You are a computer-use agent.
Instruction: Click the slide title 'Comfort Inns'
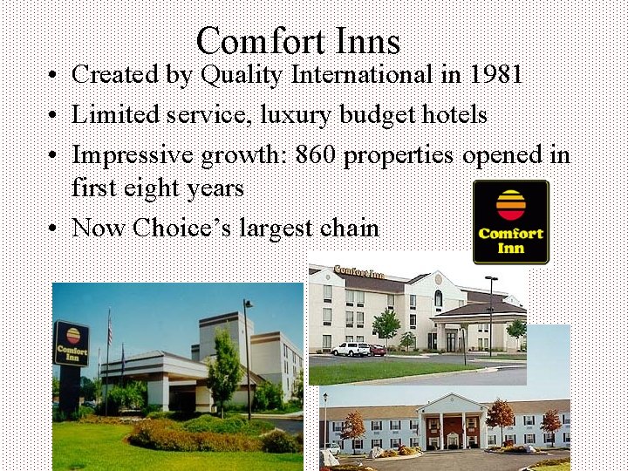pos(298,41)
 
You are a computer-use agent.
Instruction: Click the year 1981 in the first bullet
pos(495,75)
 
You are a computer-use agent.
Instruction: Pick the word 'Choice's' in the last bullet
pos(188,228)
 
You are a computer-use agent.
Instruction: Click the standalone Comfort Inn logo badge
pos(510,222)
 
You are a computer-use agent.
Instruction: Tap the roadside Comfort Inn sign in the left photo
pos(72,344)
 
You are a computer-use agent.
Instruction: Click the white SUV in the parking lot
pos(351,349)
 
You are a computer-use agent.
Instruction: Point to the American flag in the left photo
pos(109,329)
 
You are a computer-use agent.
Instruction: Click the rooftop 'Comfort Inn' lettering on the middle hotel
pos(358,273)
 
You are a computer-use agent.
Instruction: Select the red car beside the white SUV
pos(377,350)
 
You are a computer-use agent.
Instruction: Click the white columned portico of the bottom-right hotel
pos(452,422)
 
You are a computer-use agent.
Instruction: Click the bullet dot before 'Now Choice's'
pos(54,229)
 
